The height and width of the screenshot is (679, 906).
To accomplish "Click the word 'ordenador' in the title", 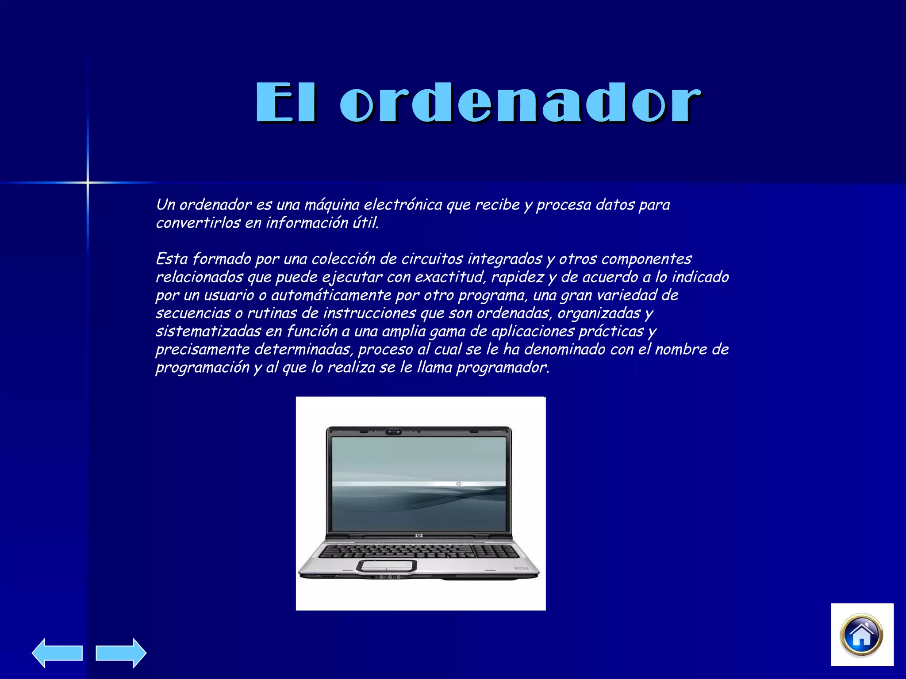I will [520, 103].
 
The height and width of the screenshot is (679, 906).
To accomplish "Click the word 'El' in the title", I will [286, 103].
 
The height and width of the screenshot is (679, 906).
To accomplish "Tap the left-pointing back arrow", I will [57, 653].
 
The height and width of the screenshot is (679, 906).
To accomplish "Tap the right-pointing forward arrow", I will [121, 653].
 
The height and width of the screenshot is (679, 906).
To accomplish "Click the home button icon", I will [861, 635].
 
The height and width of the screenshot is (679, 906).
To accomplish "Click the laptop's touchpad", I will [387, 565].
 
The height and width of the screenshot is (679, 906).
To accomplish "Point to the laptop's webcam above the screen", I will [393, 431].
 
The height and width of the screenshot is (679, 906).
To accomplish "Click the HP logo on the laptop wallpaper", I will [459, 484].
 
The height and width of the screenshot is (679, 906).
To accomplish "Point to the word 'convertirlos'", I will [198, 223].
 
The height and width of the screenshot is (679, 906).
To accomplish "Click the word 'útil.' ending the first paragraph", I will [366, 223].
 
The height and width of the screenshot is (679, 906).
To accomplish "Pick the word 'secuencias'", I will [193, 313].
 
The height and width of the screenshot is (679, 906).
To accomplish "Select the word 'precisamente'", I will [203, 350].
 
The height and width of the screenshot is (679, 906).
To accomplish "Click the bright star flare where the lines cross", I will [88, 182].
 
